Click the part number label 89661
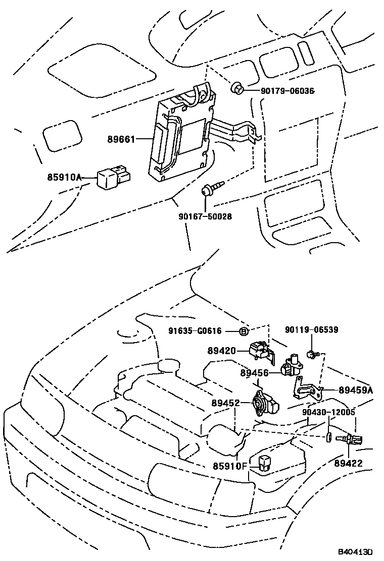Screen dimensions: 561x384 tap(122, 139)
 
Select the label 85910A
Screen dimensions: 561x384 tap(64, 177)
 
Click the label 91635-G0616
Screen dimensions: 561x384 tap(195, 331)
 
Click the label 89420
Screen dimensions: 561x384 tap(221, 350)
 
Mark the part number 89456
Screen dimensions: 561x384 tap(255, 373)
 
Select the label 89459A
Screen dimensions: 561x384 tap(356, 389)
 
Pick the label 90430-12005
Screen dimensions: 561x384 tap(329, 412)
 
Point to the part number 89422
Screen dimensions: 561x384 tap(348, 463)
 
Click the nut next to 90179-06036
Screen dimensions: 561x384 tap(237, 90)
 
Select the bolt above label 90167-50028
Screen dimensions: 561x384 tap(207, 191)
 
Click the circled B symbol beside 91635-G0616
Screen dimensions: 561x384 tap(243, 331)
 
